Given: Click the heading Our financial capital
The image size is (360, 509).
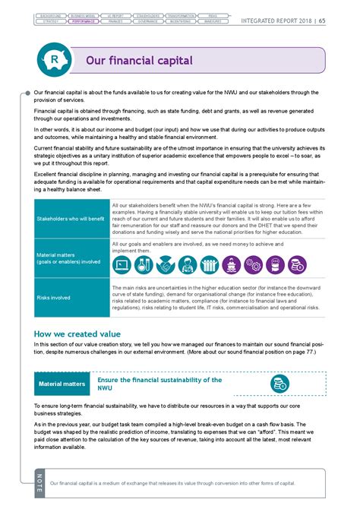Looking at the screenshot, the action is (x=139, y=60).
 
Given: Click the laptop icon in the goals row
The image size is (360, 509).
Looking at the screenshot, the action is (x=122, y=264).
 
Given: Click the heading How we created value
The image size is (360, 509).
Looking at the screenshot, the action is (x=80, y=334).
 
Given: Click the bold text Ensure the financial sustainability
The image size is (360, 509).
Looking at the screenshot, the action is (x=159, y=379).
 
